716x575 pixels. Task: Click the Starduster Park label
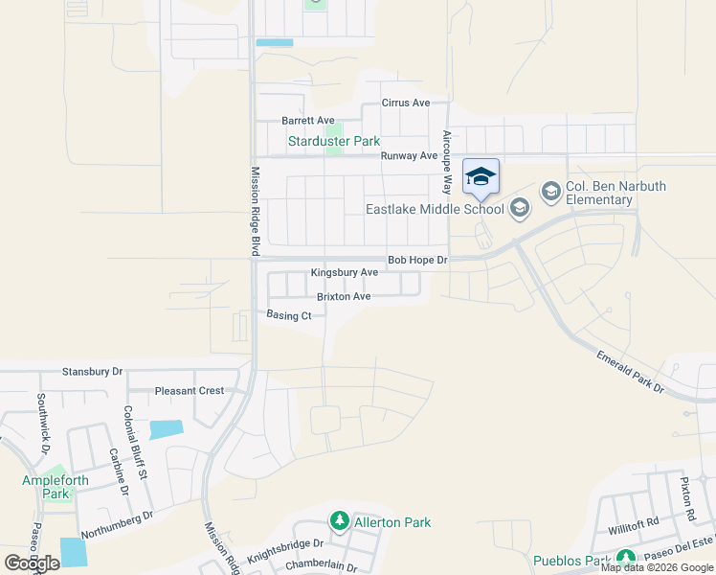[x=334, y=141]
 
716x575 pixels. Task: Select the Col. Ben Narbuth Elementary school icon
[x=551, y=193]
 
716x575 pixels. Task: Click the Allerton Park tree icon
[x=339, y=521]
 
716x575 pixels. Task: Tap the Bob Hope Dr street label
[x=416, y=260]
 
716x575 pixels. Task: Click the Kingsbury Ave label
[x=344, y=273]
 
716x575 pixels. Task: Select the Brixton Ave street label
[x=344, y=297]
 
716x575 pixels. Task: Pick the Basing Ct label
[x=289, y=315]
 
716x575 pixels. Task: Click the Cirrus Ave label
[x=406, y=103]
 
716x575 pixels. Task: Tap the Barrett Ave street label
[x=307, y=121]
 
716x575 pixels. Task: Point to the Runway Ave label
[x=409, y=155]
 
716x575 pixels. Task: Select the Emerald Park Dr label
[x=630, y=372]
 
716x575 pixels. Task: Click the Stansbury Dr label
[x=93, y=371]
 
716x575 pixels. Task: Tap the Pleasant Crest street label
[x=190, y=391]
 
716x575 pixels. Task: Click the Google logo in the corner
[x=32, y=563]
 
